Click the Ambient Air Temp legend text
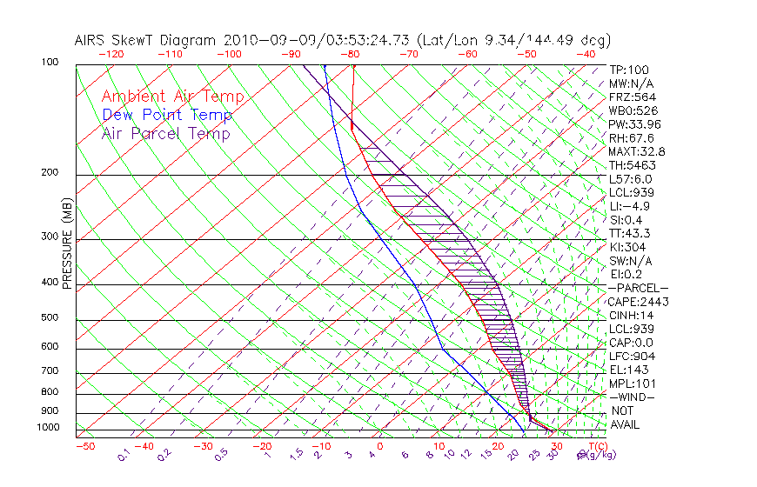click(x=172, y=97)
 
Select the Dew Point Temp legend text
click(x=167, y=115)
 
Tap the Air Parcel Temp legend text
click(x=165, y=133)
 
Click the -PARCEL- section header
click(x=638, y=288)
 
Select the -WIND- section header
click(x=633, y=397)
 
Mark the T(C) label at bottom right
click(x=594, y=446)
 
